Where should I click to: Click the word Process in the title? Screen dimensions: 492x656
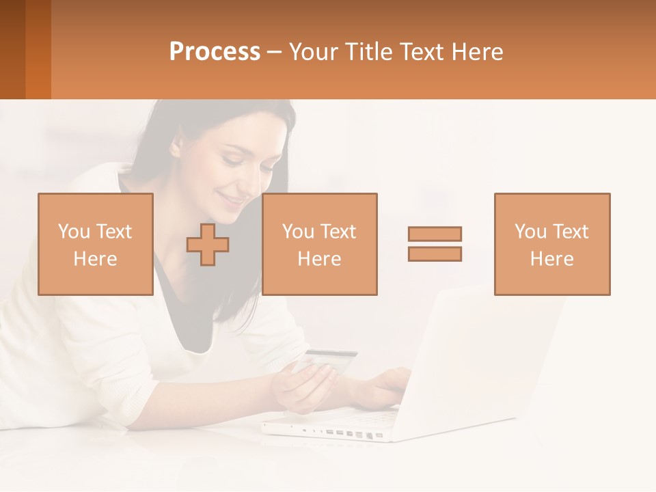pyautogui.click(x=215, y=52)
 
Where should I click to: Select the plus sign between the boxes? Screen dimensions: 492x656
pyautogui.click(x=208, y=245)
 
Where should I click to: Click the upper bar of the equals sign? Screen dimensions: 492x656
pyautogui.click(x=435, y=234)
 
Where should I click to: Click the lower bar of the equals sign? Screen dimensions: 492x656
pyautogui.click(x=435, y=254)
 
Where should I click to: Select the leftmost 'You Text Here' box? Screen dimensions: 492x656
pyautogui.click(x=95, y=244)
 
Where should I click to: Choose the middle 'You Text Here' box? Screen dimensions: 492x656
pyautogui.click(x=319, y=244)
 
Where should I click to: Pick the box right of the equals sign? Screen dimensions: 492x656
pyautogui.click(x=551, y=244)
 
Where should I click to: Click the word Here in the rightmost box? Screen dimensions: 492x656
pyautogui.click(x=551, y=259)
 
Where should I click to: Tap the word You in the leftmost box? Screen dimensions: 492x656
pyautogui.click(x=73, y=232)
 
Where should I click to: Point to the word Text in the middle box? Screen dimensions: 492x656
pyautogui.click(x=338, y=232)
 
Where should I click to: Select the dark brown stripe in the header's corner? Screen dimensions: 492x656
pyautogui.click(x=12, y=49)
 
